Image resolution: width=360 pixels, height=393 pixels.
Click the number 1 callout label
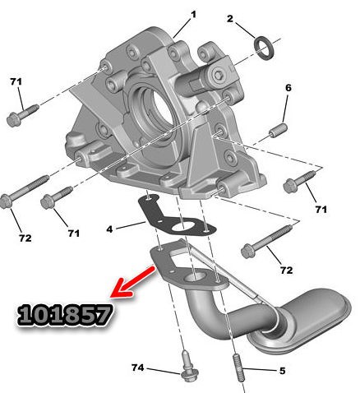(x=194, y=15)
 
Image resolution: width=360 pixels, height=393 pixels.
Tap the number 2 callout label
(x=229, y=19)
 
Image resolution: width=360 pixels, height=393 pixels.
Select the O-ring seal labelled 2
(x=264, y=48)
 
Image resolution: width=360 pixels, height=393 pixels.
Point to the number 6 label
(x=288, y=88)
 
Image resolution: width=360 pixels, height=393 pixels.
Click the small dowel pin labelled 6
(x=279, y=130)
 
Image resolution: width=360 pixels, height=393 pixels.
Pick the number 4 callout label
(x=109, y=229)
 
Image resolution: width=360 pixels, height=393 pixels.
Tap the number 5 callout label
(x=282, y=371)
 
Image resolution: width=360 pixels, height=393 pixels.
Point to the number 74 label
(x=137, y=368)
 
